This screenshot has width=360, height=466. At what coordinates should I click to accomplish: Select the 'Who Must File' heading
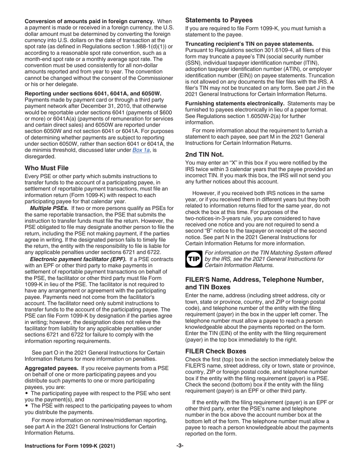point(47,168)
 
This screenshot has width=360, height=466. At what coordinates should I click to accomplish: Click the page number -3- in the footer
point(180,446)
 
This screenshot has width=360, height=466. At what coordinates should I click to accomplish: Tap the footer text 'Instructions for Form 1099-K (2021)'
point(70,446)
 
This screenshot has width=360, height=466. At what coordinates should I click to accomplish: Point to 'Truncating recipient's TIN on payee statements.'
point(249,44)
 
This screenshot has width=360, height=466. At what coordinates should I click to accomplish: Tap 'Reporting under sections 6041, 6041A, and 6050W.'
point(93,93)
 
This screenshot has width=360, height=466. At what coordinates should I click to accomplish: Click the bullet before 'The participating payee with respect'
point(27,393)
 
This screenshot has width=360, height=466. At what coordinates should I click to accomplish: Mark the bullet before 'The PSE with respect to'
point(27,406)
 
